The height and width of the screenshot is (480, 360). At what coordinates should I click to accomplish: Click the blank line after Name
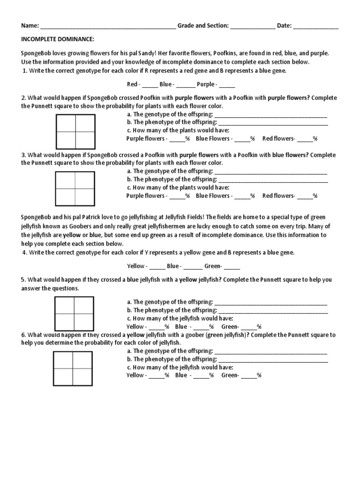(108, 26)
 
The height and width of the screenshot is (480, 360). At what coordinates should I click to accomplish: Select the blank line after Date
(316, 26)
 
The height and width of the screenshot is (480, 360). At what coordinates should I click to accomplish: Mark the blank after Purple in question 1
(227, 85)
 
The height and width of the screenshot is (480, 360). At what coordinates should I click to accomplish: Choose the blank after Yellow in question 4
(157, 266)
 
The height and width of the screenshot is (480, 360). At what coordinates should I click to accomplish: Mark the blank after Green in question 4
(232, 266)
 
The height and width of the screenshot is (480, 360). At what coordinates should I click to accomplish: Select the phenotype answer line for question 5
(273, 310)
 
